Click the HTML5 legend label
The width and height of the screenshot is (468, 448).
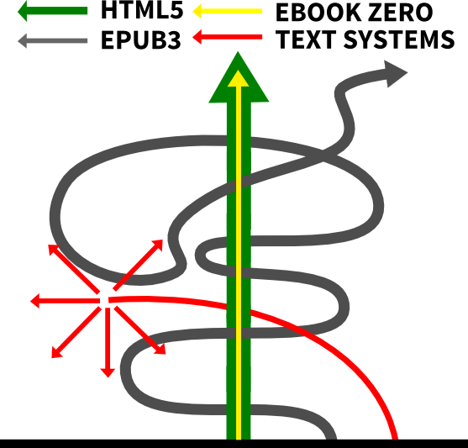(142, 9)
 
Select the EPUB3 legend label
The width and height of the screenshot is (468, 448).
(141, 40)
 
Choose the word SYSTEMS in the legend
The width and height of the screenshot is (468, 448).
(399, 40)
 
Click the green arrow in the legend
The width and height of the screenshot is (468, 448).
(53, 11)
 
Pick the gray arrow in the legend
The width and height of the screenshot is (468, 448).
(53, 40)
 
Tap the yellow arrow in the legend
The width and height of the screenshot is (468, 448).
(228, 12)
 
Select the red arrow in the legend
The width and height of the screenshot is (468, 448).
(228, 37)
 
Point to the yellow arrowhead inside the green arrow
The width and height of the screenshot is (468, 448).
(238, 79)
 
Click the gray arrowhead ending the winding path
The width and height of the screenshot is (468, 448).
(395, 73)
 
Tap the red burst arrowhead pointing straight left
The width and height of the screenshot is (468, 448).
(35, 301)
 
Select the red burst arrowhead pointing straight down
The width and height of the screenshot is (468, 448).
(108, 372)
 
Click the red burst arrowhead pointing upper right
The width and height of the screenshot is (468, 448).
(158, 245)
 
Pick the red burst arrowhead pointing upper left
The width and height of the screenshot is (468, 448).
(54, 250)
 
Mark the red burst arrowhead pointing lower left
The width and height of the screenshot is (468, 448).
(56, 353)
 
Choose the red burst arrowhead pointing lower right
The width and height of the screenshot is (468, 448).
(160, 349)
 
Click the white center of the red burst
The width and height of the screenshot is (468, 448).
(104, 300)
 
